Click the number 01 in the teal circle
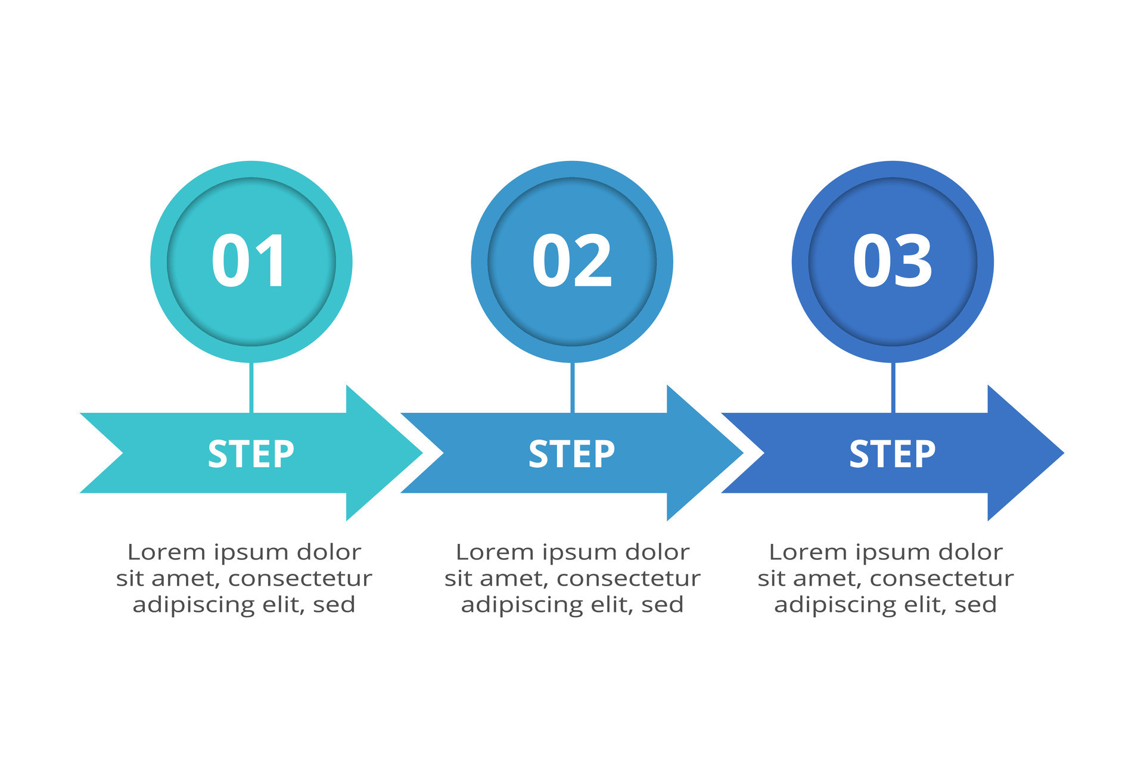(x=249, y=261)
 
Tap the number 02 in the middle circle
(x=571, y=261)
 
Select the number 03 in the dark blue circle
(x=892, y=261)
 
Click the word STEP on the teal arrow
(x=251, y=454)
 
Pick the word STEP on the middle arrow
(x=571, y=454)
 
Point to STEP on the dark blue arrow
(x=892, y=454)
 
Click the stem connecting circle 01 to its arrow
(x=251, y=387)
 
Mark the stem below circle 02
(x=572, y=387)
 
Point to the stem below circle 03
(x=893, y=387)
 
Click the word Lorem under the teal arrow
(x=158, y=552)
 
